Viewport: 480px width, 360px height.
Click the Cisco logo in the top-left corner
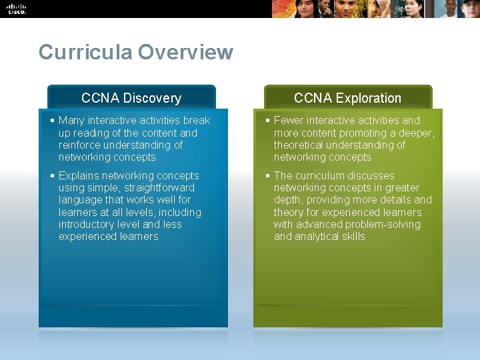(17, 9)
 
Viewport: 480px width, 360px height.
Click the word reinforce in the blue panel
(81, 145)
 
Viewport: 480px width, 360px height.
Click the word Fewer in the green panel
(289, 121)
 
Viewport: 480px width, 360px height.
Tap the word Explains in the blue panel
(79, 176)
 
